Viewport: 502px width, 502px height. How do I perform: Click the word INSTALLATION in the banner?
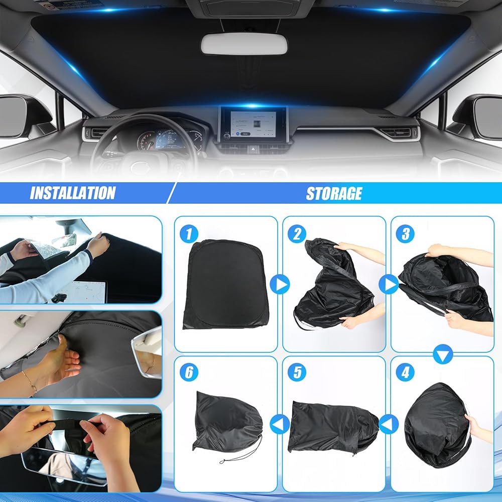coord(73,193)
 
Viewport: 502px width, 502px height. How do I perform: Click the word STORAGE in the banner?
coord(334,193)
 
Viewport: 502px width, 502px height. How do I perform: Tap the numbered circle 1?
coord(189,234)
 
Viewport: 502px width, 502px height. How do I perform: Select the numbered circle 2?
coord(297,234)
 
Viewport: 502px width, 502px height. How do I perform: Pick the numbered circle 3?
coord(405,234)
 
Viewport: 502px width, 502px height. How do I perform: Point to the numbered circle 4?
coord(405,372)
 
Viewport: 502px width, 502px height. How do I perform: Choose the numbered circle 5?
coord(297,372)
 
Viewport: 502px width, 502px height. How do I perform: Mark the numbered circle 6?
coord(189,372)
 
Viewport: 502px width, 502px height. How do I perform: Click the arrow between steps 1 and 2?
coord(280,285)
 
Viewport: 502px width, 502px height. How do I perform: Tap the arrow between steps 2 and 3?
coord(389,285)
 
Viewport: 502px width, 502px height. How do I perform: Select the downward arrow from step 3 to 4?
coord(443,354)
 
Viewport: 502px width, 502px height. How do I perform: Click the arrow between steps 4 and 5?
coord(389,424)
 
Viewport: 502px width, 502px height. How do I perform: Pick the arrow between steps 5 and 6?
coord(280,424)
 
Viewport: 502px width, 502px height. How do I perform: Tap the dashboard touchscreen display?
coord(253,124)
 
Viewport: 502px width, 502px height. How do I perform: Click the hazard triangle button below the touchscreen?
coord(253,149)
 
